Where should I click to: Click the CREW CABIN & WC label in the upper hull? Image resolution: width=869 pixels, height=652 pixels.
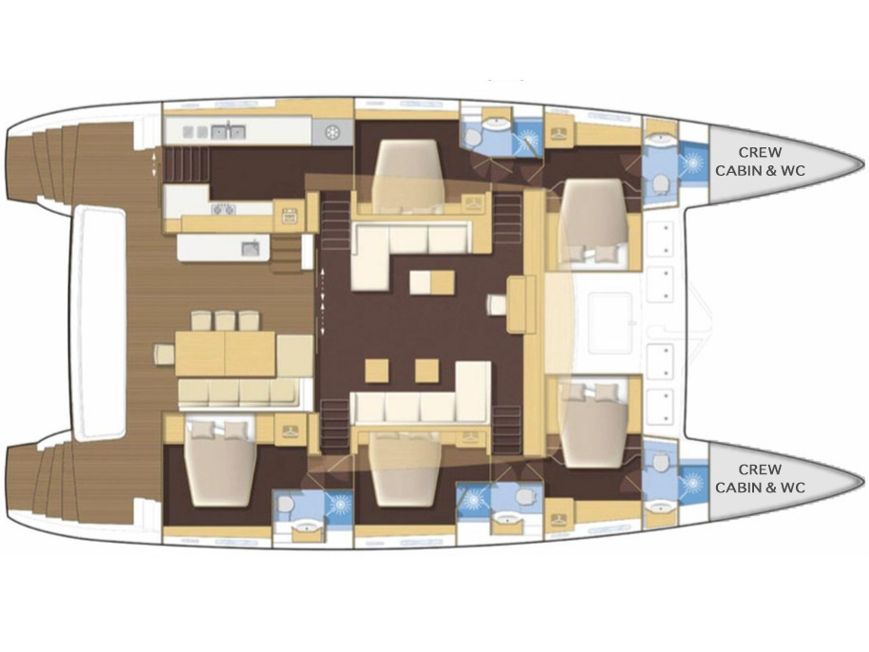(760, 161)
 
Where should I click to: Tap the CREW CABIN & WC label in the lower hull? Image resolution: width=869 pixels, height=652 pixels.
(760, 478)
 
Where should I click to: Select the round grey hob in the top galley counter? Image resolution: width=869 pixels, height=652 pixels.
(332, 133)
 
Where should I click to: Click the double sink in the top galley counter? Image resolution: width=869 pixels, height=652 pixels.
(228, 132)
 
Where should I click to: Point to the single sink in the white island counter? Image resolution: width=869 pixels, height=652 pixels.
(251, 248)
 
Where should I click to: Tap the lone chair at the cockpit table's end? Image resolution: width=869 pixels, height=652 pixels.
(164, 354)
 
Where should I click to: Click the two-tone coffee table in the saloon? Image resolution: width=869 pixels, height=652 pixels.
(432, 282)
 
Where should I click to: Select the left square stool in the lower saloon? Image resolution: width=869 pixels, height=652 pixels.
(377, 371)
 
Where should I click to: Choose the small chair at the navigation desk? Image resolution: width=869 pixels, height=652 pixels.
(497, 304)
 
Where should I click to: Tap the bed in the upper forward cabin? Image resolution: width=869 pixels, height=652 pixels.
(594, 221)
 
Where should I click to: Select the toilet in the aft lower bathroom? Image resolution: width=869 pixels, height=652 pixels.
(285, 505)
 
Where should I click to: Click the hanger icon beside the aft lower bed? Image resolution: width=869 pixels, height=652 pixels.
(290, 431)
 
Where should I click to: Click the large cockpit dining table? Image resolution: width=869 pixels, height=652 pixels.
(225, 354)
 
